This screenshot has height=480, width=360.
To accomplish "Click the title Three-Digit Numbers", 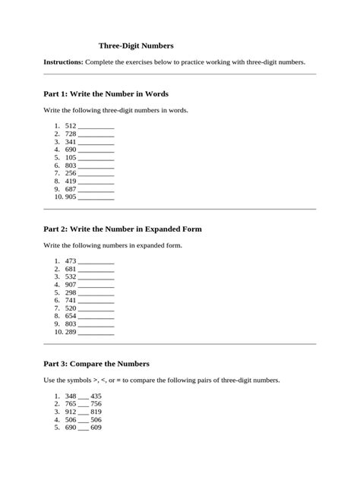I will [136, 46].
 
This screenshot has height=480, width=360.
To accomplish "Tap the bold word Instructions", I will [64, 62].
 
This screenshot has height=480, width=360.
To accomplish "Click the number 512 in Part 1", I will [71, 125].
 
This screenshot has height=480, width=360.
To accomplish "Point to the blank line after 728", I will [96, 134].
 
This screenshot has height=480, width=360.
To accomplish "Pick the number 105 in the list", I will [71, 157].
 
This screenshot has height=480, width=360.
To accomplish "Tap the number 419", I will [71, 182].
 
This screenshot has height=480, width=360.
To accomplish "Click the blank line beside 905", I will [96, 198].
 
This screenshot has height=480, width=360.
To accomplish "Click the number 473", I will [71, 261].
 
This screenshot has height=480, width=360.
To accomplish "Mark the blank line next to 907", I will [96, 286].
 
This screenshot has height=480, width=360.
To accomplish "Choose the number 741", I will [71, 301].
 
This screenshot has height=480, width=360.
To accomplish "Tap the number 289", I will [71, 333].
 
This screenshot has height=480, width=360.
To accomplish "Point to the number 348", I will [71, 396].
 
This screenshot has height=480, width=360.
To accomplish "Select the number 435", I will [96, 396].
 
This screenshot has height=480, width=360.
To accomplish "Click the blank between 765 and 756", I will [84, 405].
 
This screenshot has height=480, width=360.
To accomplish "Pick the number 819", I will [96, 412].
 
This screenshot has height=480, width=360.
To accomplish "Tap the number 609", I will [96, 428].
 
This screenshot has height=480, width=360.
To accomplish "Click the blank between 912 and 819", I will [84, 413].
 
